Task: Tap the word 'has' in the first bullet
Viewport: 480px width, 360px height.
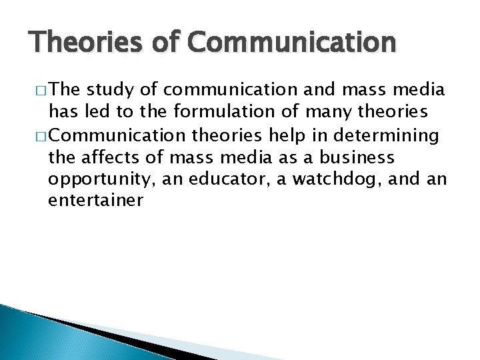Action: (63, 114)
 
